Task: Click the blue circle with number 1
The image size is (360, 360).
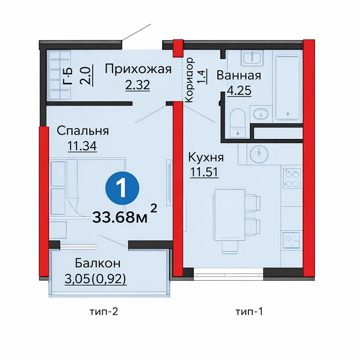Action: click(x=122, y=188)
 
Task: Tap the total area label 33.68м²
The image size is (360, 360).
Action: click(x=125, y=214)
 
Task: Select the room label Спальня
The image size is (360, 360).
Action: click(x=83, y=131)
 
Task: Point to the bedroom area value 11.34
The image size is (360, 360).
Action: click(x=82, y=146)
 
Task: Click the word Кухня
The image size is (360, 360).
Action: click(x=206, y=157)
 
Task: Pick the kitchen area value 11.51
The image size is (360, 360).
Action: click(x=204, y=172)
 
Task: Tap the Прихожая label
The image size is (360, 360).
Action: click(x=138, y=69)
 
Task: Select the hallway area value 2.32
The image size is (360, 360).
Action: click(x=138, y=85)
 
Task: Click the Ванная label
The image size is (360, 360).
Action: click(x=239, y=76)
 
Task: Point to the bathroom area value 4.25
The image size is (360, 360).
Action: click(x=239, y=91)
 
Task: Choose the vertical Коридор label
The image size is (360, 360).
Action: click(x=189, y=80)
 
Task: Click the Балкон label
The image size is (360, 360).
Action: click(x=98, y=263)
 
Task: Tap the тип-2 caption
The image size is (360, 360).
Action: click(x=103, y=311)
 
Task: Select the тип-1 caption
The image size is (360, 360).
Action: click(x=249, y=311)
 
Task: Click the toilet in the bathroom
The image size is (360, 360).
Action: click(x=238, y=123)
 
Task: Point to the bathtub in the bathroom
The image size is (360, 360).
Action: click(x=288, y=87)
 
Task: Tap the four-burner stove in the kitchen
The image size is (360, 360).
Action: click(x=292, y=178)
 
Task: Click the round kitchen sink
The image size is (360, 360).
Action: click(x=259, y=153)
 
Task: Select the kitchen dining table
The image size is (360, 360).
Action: click(x=229, y=215)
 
